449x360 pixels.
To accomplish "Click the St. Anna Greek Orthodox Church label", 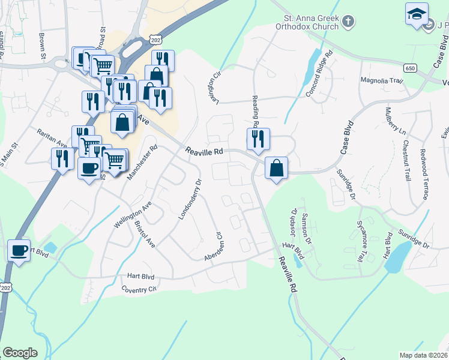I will coord(307,22).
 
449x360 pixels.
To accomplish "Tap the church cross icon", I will coord(348,22).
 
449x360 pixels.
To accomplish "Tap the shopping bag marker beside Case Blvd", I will coord(276,169).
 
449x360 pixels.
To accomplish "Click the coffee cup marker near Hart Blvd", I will coord(19,251).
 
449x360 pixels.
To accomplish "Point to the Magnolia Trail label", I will coord(380,80).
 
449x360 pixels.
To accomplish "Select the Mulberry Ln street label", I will coord(395,121).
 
